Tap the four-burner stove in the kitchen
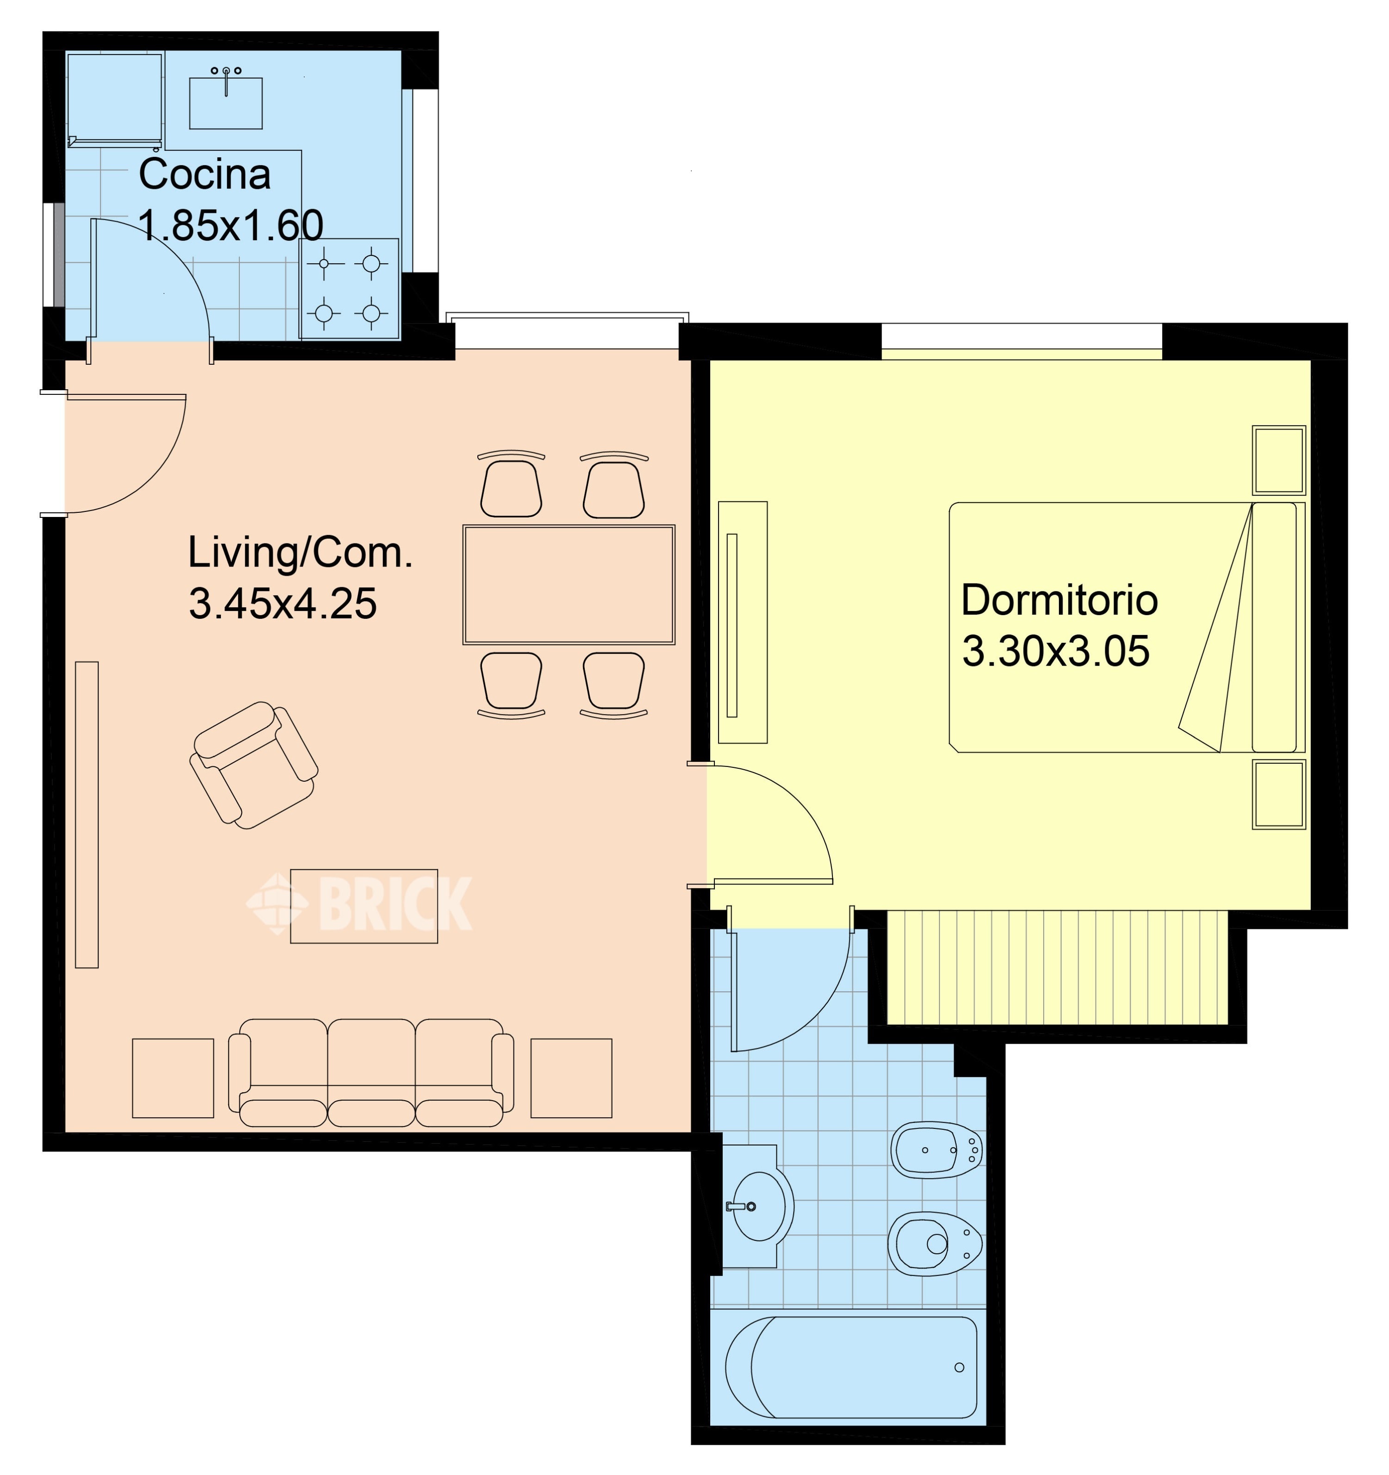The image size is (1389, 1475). [x=349, y=289]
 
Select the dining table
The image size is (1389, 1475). [x=569, y=585]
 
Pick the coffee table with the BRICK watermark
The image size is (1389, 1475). [x=364, y=906]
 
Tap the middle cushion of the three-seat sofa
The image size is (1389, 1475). [x=371, y=1073]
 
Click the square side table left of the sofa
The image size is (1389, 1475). [x=173, y=1078]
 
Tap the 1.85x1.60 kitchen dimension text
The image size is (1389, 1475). [x=231, y=225]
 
